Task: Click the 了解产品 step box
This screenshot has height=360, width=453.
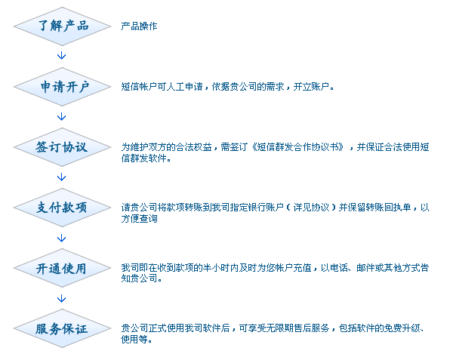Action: (62, 26)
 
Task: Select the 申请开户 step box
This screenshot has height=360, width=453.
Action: (62, 87)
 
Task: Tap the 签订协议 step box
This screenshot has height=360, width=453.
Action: (62, 147)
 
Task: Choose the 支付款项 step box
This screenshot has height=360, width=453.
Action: (62, 208)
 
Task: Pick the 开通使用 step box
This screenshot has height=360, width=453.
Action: (62, 268)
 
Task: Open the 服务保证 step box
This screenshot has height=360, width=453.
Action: (62, 328)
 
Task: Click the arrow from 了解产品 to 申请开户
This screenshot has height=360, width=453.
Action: (62, 56)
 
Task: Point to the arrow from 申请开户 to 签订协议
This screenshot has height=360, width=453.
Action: (62, 117)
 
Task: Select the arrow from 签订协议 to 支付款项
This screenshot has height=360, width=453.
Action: (62, 177)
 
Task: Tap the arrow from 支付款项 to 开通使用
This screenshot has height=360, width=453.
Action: (62, 238)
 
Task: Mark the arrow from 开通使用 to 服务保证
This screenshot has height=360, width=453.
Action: (62, 298)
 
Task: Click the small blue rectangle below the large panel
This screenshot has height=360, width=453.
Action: (136, 339)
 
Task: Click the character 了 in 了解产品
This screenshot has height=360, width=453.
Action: (44, 26)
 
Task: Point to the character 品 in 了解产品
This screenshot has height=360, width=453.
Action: (82, 26)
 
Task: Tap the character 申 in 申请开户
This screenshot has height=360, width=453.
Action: (47, 87)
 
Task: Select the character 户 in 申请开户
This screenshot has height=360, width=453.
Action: (83, 87)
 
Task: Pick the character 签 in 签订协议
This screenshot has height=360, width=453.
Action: (42, 147)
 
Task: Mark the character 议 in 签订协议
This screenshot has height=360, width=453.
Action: (81, 147)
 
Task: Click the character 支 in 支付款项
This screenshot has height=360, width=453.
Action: (43, 208)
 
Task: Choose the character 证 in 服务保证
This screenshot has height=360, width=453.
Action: (81, 329)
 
